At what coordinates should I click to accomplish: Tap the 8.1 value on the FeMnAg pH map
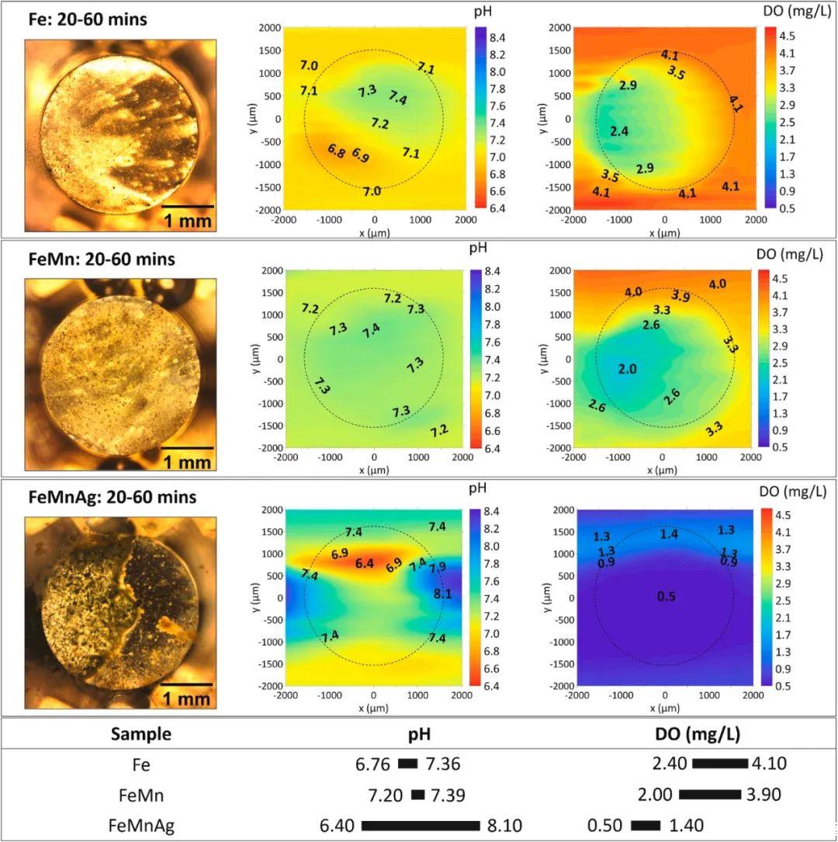point(442,593)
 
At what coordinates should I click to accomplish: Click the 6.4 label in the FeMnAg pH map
point(365,563)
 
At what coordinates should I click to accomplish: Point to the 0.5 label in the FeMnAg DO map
point(666,597)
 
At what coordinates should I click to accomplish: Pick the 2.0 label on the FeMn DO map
point(627,369)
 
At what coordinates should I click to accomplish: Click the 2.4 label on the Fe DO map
point(619,131)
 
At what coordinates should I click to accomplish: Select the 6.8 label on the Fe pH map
point(336,151)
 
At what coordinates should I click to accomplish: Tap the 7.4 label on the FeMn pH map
point(372,329)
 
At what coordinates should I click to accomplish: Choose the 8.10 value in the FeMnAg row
point(506,825)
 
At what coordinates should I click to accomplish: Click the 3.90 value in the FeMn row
point(764,795)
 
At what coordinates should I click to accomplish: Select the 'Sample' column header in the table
point(141,734)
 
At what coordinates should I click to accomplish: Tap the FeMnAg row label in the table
point(141,825)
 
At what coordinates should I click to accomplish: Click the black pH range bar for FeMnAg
point(421,825)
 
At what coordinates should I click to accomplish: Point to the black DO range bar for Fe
point(719,764)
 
